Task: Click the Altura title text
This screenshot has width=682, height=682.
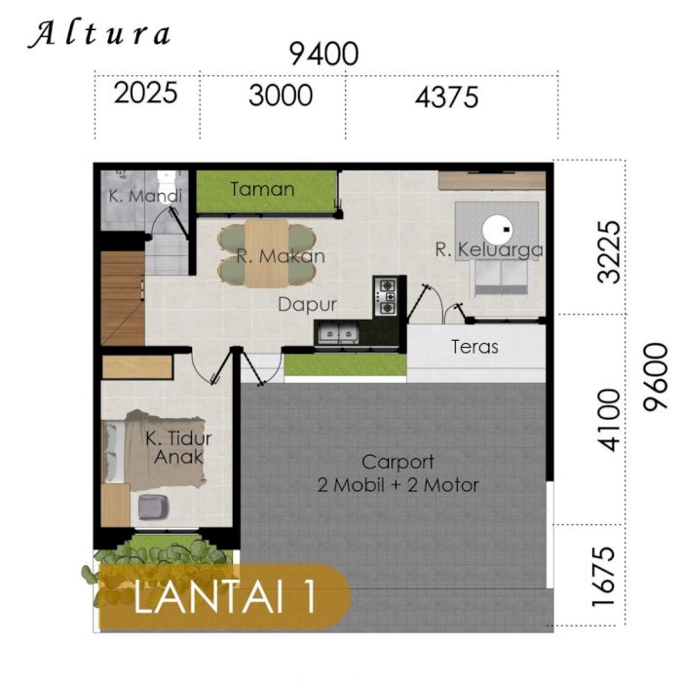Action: click(99, 34)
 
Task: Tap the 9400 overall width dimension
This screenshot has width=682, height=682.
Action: click(324, 54)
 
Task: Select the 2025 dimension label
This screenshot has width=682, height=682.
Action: click(146, 93)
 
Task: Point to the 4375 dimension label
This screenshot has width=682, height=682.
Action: click(446, 97)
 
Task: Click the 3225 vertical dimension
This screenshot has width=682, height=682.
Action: click(609, 252)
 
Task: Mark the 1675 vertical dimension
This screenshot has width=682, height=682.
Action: click(604, 577)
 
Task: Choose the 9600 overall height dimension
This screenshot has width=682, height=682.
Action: click(656, 377)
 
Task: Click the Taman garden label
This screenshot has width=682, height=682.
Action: click(262, 189)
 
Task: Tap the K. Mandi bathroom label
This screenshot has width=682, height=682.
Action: click(145, 196)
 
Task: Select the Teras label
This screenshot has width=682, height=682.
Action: click(474, 347)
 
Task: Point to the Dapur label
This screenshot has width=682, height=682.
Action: click(307, 304)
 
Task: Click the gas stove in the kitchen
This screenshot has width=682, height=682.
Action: click(386, 296)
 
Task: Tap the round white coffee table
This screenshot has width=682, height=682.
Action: click(497, 229)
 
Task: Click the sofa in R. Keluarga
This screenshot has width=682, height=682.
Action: click(501, 278)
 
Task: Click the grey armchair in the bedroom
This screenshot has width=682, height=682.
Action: click(154, 508)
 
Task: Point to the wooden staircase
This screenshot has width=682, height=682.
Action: click(123, 298)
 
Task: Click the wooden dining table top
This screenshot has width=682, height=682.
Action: click(267, 253)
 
